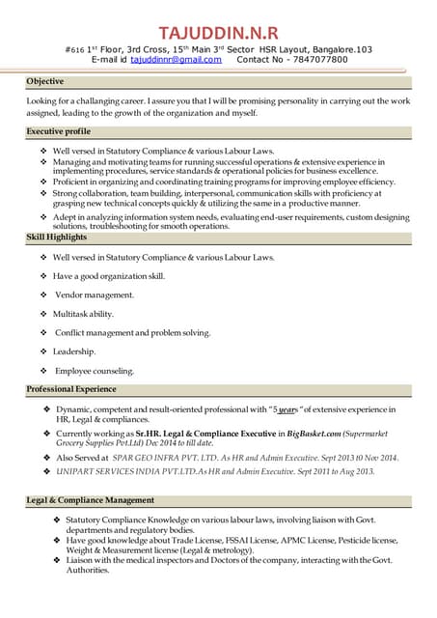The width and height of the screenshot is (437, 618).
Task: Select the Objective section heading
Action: (x=46, y=82)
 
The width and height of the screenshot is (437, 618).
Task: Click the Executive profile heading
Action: (x=59, y=130)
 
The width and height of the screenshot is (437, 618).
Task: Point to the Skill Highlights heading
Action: (x=57, y=237)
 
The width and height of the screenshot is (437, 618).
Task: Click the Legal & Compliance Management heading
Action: (x=90, y=500)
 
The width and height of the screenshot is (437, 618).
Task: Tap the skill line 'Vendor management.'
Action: (x=95, y=295)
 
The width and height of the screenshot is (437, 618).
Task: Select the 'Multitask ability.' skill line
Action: (x=83, y=314)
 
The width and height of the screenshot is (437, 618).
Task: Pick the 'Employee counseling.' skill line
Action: (x=95, y=371)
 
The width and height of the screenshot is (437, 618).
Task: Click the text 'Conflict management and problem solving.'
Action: (x=133, y=332)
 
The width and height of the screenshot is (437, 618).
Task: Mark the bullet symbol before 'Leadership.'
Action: (x=41, y=351)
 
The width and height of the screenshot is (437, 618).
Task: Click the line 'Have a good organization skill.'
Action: (x=109, y=276)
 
